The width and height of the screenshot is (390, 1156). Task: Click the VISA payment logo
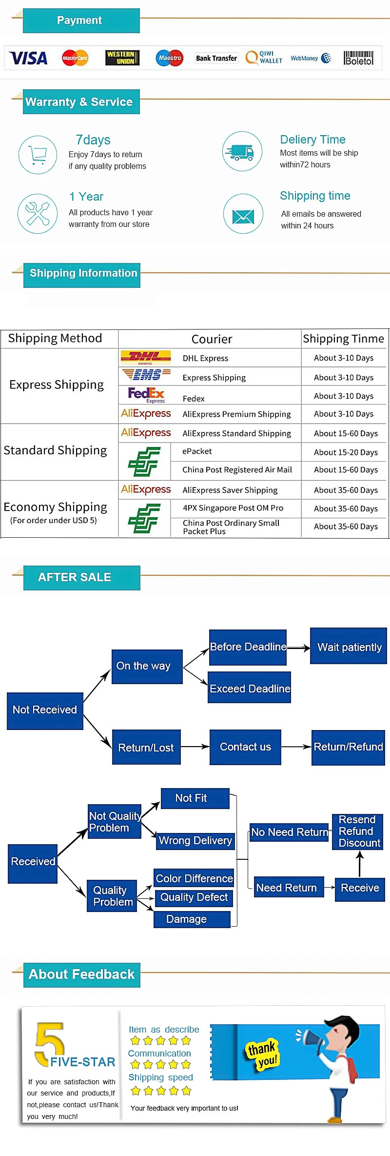point(28,58)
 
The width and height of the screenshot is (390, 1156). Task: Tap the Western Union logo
point(122,58)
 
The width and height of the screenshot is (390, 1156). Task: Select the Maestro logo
point(169,58)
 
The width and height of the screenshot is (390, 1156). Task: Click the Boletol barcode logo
point(358,58)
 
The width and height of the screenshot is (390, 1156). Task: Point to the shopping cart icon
point(38,155)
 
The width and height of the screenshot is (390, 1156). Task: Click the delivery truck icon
point(242,151)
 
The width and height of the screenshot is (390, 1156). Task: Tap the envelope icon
point(243,215)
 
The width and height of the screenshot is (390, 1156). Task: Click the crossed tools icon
point(38,213)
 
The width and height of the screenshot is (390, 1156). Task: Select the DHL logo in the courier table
point(145,358)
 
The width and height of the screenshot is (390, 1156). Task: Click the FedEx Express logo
point(146,395)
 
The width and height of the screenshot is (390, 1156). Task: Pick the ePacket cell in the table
point(197,451)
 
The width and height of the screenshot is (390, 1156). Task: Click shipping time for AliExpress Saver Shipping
point(346,490)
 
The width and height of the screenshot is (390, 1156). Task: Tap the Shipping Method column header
point(55,338)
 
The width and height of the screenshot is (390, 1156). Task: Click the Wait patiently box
point(349,647)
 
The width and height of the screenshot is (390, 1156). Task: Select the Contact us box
point(245,747)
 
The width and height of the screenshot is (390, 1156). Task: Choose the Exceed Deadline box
point(250,688)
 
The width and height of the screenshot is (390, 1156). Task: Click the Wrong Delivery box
point(195,841)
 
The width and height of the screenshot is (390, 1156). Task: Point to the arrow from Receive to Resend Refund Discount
point(360,864)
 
